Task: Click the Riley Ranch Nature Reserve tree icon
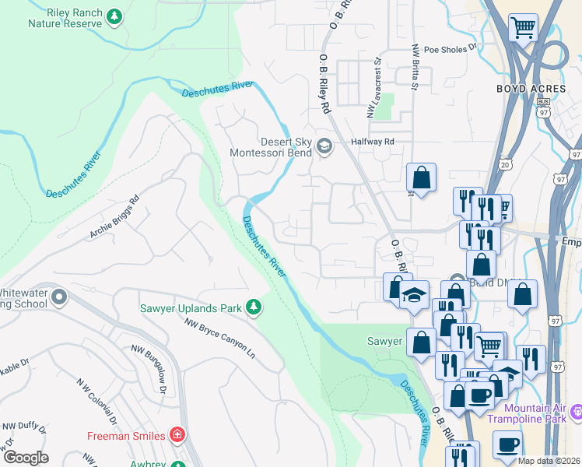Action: click(x=114, y=16)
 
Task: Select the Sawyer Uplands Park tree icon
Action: click(x=254, y=308)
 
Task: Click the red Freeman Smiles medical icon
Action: click(x=178, y=434)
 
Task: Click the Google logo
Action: click(x=25, y=458)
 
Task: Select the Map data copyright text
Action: click(x=549, y=461)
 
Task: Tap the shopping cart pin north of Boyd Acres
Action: click(x=523, y=28)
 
